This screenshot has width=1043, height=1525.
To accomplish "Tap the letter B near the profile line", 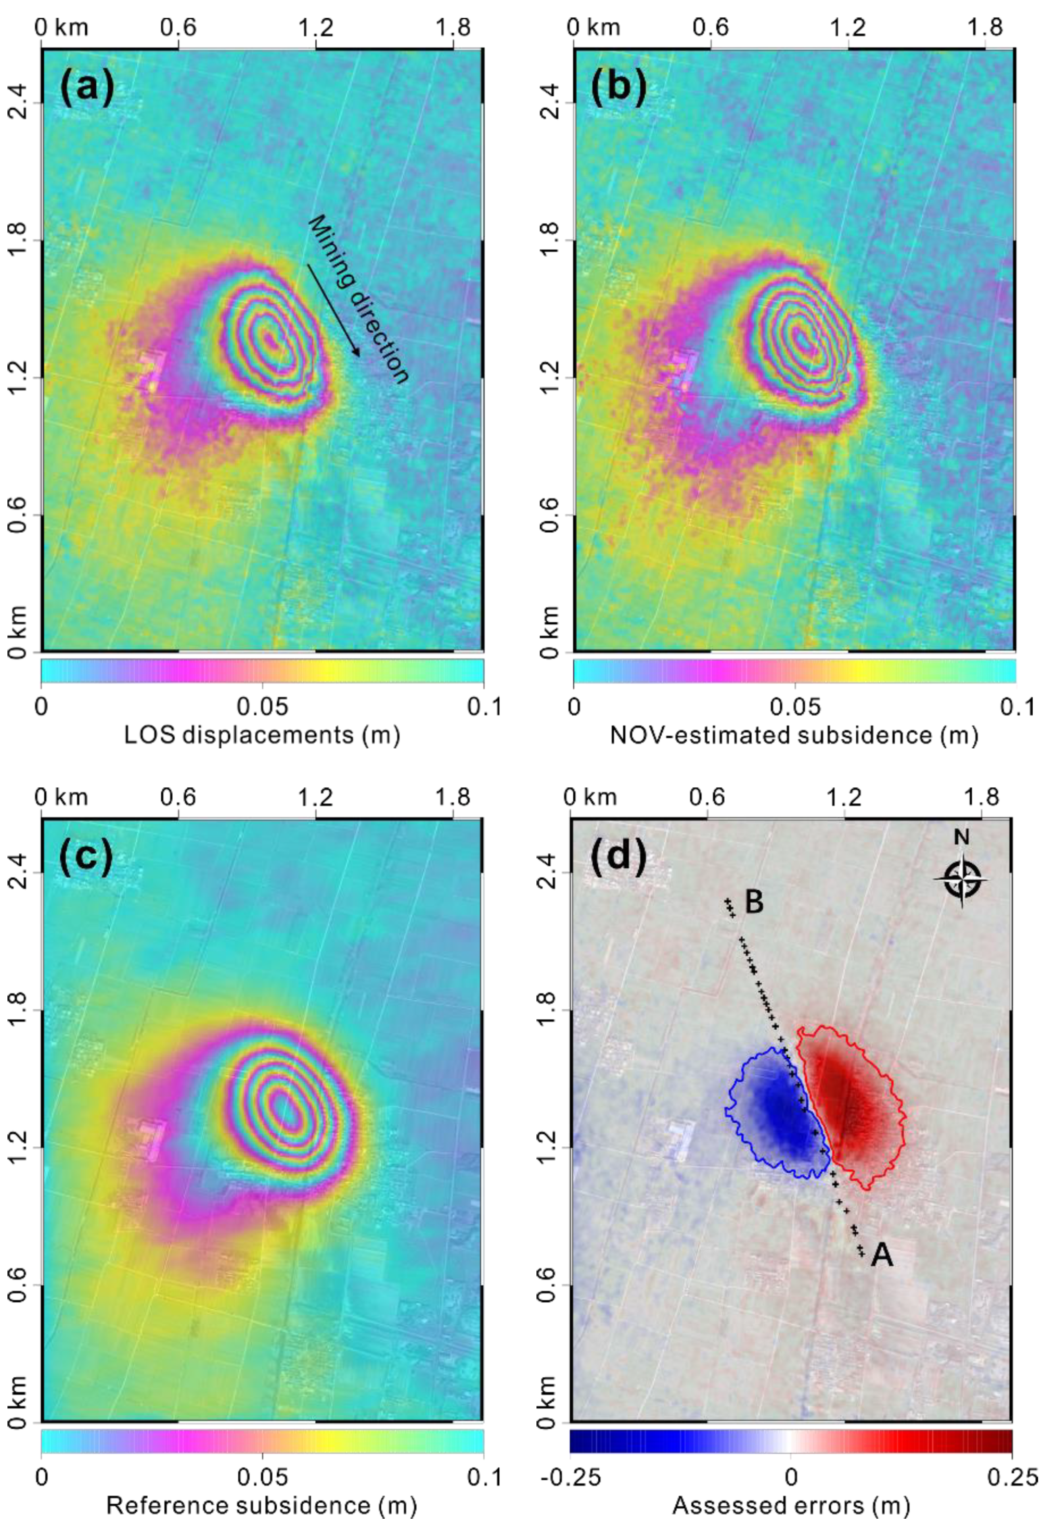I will (754, 902).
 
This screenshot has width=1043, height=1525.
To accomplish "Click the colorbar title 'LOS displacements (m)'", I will (262, 735).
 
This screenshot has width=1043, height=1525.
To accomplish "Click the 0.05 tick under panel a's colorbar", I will (262, 707).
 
